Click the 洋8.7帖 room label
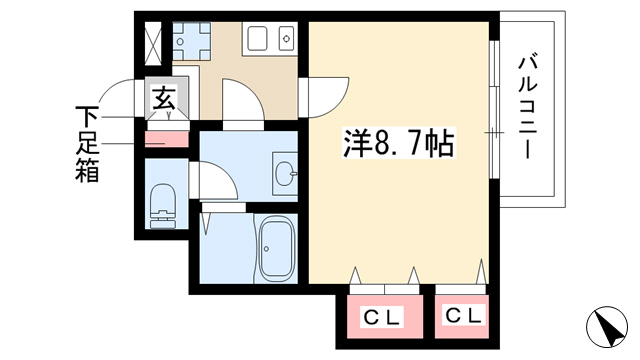tap(398, 143)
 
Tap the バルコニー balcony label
tap(528, 107)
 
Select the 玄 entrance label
tap(164, 98)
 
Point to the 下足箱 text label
tap(87, 144)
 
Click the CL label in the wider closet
tap(383, 316)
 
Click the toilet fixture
tap(163, 206)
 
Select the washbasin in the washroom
tap(285, 174)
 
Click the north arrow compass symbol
tap(607, 327)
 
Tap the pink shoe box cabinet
tap(167, 139)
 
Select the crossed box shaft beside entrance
tap(154, 43)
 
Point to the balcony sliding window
tap(494, 109)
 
